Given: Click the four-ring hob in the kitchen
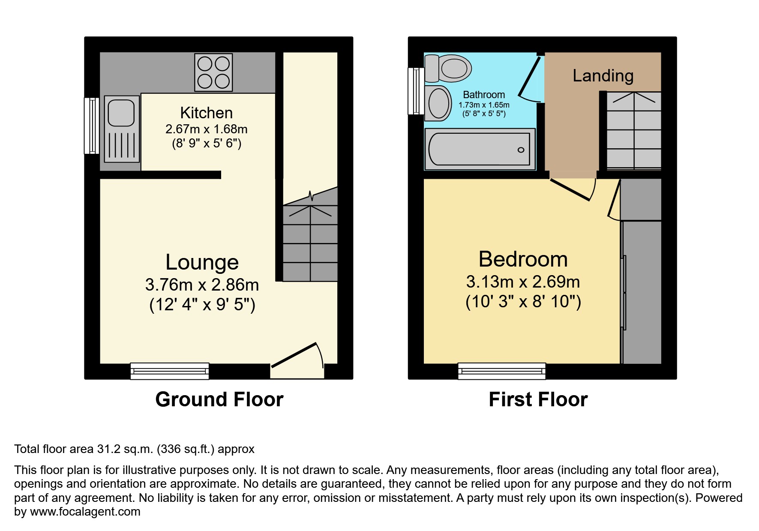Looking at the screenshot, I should click(x=213, y=72).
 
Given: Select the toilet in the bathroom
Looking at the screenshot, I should click(x=448, y=69).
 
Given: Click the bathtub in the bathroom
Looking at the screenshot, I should click(x=480, y=149).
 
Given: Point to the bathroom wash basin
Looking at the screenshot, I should click(x=438, y=103).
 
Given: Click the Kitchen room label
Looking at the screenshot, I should click(x=206, y=113).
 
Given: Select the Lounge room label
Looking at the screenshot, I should click(x=202, y=262).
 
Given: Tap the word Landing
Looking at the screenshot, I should click(x=603, y=76).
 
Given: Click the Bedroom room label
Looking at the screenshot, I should click(x=523, y=259).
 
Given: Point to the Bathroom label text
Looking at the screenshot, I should click(x=484, y=95).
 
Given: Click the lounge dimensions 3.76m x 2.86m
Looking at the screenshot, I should click(x=202, y=285).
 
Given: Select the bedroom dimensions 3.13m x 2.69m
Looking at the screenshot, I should click(x=523, y=282).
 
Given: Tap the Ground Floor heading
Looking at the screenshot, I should click(x=219, y=399).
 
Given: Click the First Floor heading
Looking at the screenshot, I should click(x=538, y=399).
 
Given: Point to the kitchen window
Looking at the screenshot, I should click(x=91, y=126).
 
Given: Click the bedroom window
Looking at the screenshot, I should click(x=501, y=371).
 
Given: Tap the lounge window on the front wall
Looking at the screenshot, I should click(x=170, y=371).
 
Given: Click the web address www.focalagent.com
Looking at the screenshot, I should click(x=85, y=512).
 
